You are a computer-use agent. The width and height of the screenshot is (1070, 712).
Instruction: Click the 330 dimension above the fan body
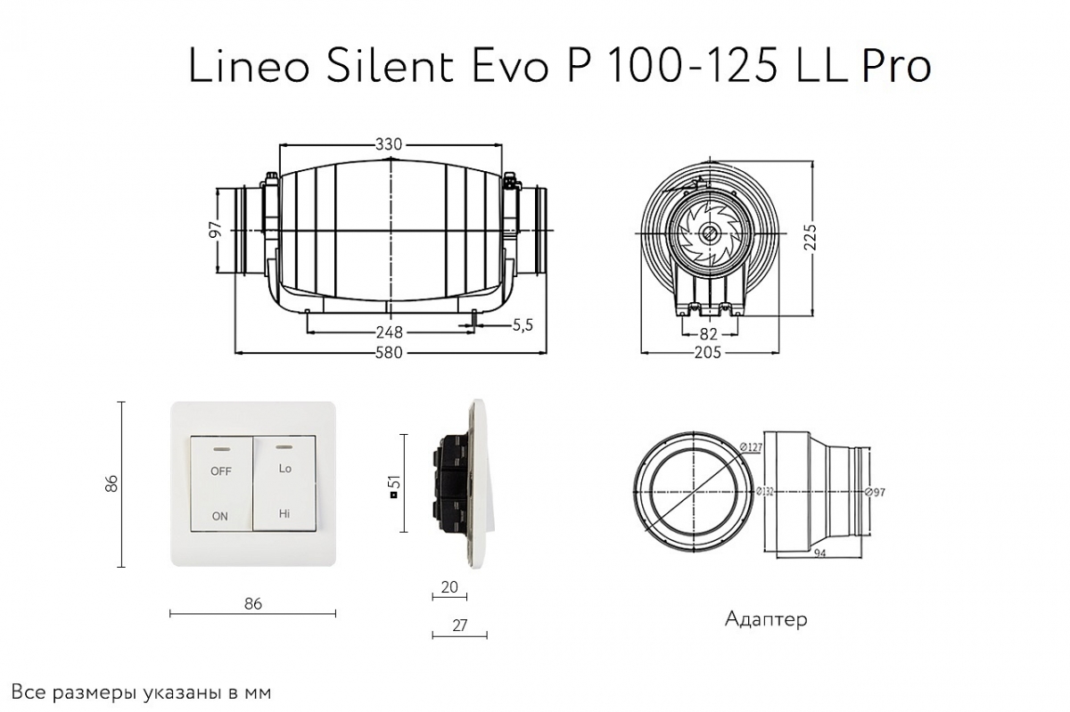tap(389, 143)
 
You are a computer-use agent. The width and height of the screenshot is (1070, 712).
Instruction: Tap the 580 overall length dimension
tap(389, 353)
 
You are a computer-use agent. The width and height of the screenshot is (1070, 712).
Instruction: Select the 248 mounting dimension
tap(390, 331)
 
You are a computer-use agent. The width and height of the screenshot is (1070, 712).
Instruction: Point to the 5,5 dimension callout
tap(523, 325)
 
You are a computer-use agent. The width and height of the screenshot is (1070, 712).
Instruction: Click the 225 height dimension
tap(811, 237)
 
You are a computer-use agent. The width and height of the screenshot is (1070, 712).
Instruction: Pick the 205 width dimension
tap(707, 352)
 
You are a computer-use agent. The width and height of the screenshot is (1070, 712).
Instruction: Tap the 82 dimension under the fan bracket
tap(708, 333)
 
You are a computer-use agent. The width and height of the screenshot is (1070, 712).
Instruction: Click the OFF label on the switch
tap(221, 471)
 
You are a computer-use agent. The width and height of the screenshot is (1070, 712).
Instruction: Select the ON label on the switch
tap(219, 516)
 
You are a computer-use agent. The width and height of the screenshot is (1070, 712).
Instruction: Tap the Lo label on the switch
tap(284, 469)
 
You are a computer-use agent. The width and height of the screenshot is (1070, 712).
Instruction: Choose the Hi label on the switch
tap(284, 513)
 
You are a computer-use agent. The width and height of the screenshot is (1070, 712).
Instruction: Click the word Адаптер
tap(766, 619)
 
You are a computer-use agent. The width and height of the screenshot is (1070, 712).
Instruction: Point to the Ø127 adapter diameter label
tap(751, 447)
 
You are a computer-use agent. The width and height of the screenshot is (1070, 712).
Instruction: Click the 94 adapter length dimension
tap(819, 553)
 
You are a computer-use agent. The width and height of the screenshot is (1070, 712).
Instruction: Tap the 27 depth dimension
tap(459, 625)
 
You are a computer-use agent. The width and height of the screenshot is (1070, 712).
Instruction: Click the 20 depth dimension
tap(449, 587)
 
